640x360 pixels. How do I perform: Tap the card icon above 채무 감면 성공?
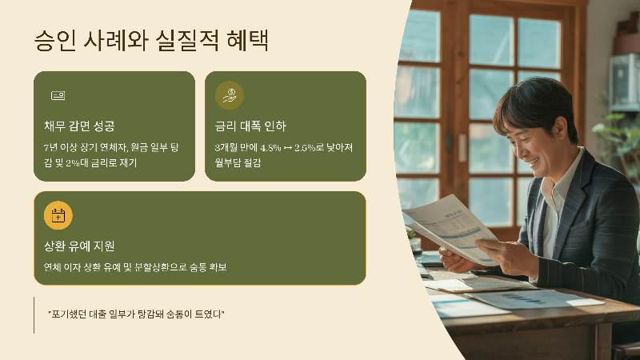[x=58, y=95]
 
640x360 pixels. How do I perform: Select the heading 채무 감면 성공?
[x=79, y=126]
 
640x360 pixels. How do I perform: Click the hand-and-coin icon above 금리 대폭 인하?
[x=230, y=95]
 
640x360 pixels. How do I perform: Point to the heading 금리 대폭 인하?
[x=250, y=126]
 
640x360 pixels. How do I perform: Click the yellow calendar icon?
[x=58, y=215]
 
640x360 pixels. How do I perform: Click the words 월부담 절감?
[x=238, y=163]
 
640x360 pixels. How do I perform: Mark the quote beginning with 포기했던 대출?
[x=136, y=314]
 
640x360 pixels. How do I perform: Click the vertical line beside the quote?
[x=34, y=314]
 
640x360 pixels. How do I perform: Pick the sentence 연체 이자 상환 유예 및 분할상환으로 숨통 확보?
[x=135, y=267]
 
